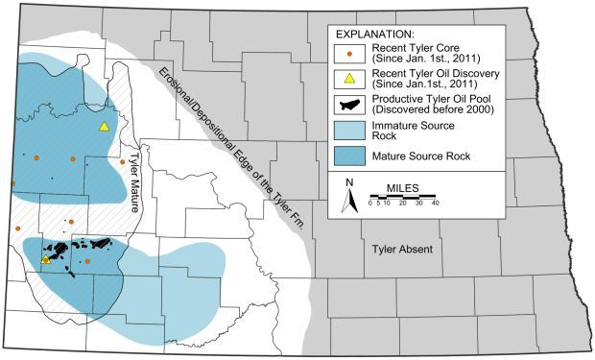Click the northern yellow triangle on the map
(104, 126)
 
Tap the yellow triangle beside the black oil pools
(45, 259)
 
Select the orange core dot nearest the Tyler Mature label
(122, 162)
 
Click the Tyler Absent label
(402, 250)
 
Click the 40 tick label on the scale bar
(435, 203)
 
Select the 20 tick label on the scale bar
(403, 203)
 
